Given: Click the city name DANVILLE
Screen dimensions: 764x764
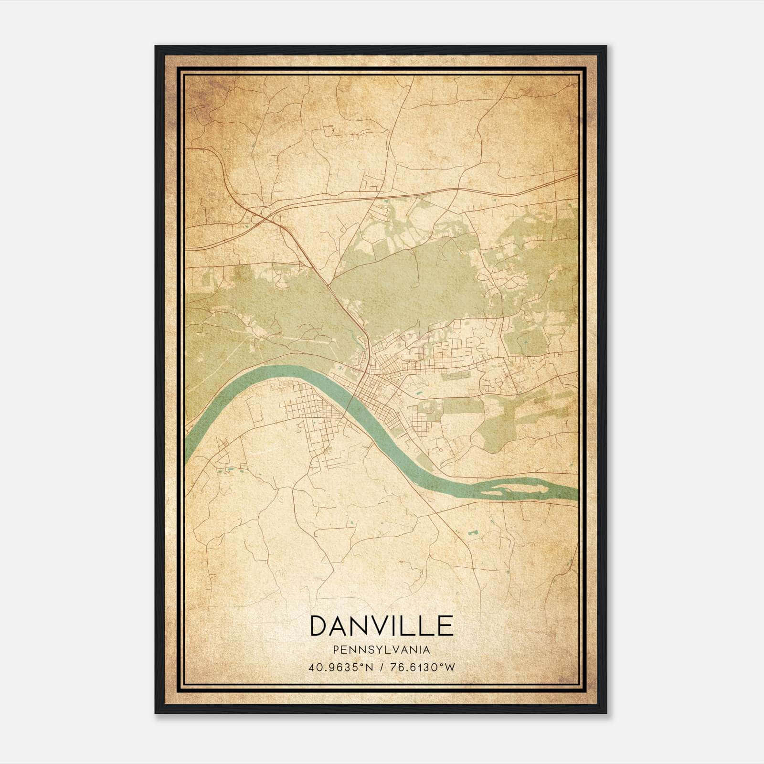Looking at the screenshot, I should [382, 626].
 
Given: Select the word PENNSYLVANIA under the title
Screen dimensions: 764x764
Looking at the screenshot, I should [382, 650].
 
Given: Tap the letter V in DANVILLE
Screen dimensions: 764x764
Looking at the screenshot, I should [373, 626].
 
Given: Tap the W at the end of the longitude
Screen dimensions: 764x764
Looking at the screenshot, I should [450, 667].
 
